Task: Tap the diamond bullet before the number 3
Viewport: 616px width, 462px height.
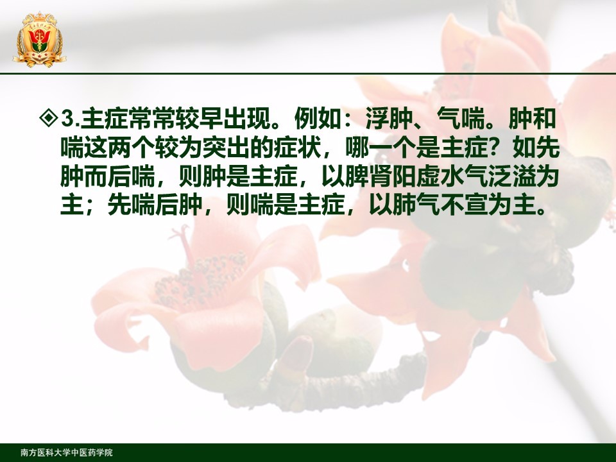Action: tap(49, 118)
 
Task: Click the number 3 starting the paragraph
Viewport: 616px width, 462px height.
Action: tap(67, 119)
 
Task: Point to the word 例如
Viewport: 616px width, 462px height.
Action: tap(318, 118)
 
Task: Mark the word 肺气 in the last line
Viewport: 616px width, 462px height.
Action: tap(416, 205)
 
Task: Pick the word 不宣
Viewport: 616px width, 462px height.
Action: tap(464, 205)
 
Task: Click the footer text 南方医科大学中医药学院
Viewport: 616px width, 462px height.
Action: tap(66, 452)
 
